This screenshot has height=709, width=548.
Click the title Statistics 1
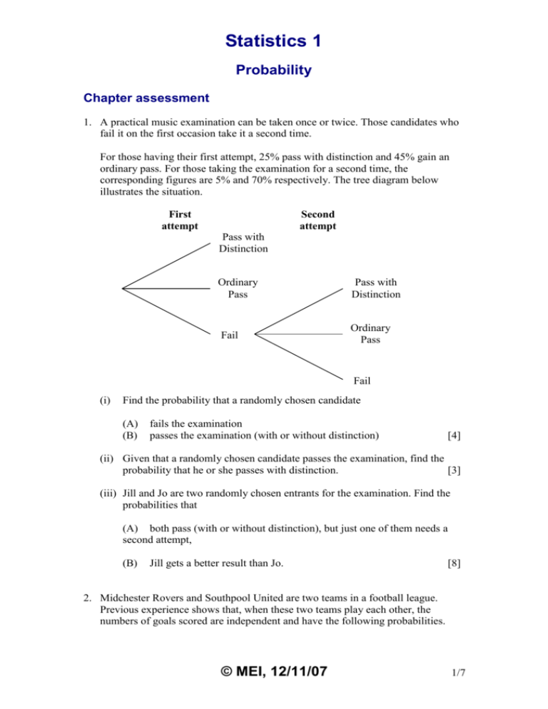coord(274,41)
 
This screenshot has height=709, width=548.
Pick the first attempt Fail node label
coord(228,333)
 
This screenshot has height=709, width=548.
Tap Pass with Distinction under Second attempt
coord(375,287)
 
